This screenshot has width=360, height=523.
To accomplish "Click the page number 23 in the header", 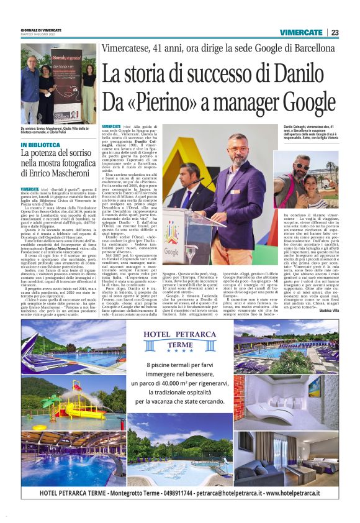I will (x=335, y=32).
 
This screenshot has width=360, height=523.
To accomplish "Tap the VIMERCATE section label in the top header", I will (x=300, y=32).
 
